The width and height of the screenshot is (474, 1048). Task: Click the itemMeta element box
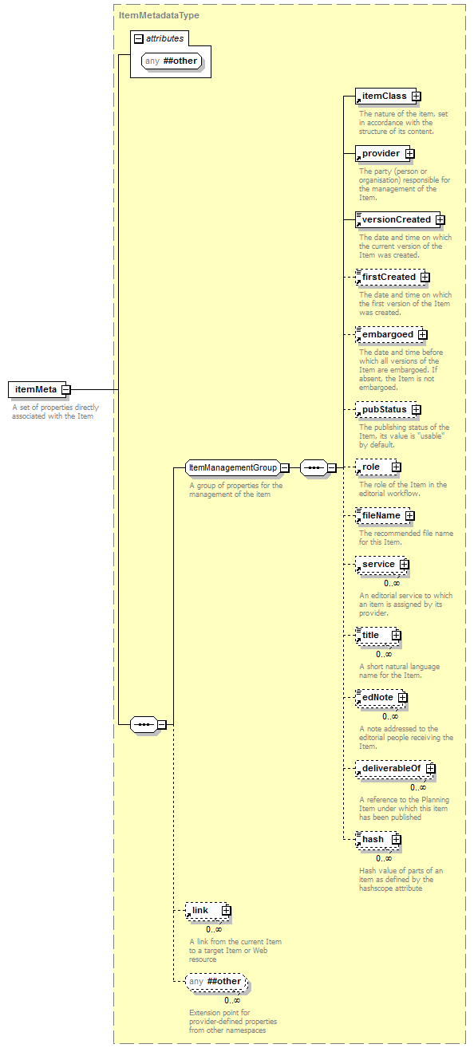(38, 389)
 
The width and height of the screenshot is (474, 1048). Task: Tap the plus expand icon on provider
(410, 153)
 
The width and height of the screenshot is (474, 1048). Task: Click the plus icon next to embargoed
(422, 334)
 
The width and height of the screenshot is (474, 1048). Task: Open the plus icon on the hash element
(397, 840)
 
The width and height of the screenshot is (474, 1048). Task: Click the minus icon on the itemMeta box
(66, 389)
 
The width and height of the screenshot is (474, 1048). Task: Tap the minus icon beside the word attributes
(139, 39)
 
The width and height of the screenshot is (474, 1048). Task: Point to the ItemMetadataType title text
(159, 15)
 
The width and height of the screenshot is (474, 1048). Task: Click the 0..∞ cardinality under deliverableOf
(418, 787)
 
